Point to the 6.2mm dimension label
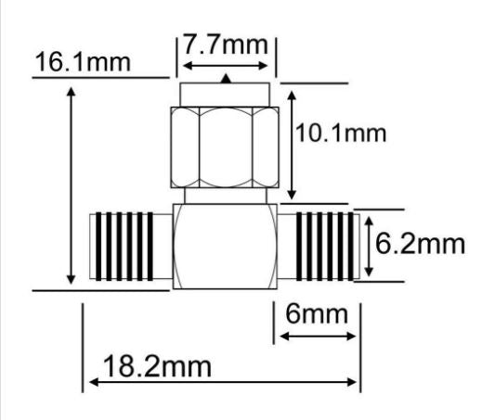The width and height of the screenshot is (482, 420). tap(419, 245)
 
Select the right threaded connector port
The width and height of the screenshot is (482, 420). tap(326, 246)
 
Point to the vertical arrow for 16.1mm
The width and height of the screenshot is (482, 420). tap(72, 185)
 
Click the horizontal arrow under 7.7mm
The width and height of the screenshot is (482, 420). tap(227, 66)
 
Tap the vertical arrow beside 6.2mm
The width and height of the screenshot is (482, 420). tap(369, 246)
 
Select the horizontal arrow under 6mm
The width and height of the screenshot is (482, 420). tap(317, 336)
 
